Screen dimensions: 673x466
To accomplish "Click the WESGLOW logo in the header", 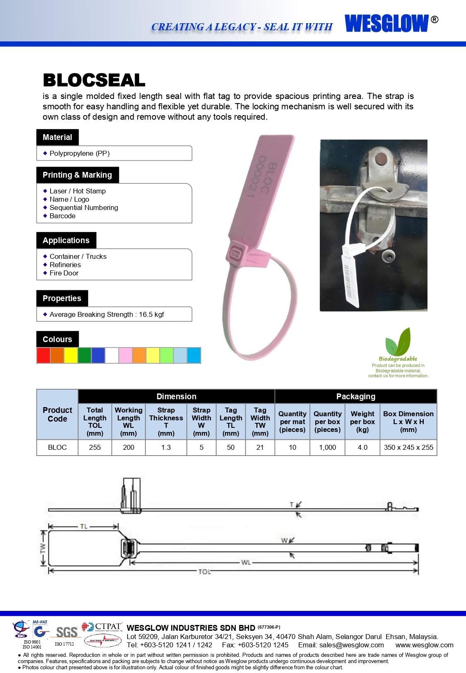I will tap(387, 23).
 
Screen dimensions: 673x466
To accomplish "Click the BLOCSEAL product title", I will tap(94, 80).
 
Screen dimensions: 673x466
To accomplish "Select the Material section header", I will tap(57, 137).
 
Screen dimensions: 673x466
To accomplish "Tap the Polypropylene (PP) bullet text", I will tap(80, 153).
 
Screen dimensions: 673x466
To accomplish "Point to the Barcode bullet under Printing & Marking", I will tap(63, 216).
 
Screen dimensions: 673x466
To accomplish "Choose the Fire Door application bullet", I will tap(64, 273).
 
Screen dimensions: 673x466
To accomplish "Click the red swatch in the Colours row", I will tap(43, 355).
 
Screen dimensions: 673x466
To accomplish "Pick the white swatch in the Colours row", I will tap(112, 355).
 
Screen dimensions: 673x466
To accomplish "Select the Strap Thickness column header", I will tap(166, 422).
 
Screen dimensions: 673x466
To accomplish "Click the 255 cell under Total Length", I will tap(95, 447).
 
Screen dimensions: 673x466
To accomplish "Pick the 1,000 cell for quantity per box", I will tap(327, 447).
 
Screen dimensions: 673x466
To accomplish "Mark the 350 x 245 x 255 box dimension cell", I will tap(408, 447).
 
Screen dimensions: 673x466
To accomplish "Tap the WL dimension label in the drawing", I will tap(246, 562).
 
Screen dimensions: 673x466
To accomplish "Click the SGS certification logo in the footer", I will tap(66, 632).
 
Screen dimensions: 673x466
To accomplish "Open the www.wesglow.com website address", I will tap(424, 645).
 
